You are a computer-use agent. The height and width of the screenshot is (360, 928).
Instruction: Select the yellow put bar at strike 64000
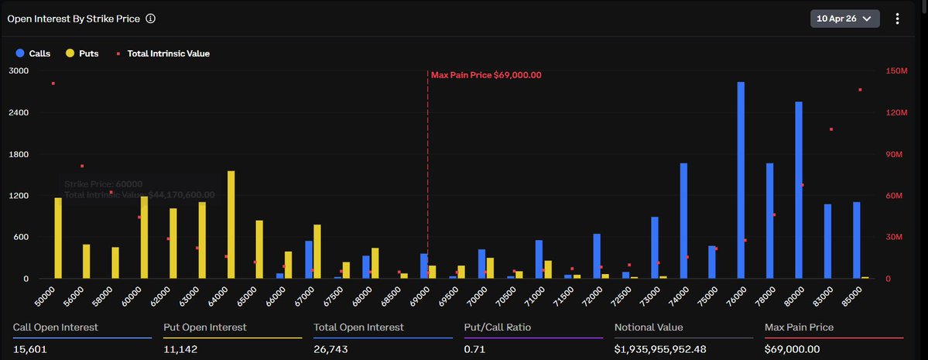[231, 225]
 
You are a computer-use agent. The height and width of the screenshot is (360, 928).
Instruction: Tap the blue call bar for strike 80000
[799, 190]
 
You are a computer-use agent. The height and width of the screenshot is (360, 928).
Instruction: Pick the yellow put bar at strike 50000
[58, 238]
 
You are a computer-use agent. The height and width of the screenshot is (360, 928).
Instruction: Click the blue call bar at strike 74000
[683, 221]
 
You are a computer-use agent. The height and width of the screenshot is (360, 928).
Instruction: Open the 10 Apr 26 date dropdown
[844, 18]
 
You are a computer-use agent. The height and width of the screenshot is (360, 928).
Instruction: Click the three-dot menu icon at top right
[897, 18]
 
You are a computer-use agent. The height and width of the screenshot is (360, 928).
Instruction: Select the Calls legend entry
[33, 53]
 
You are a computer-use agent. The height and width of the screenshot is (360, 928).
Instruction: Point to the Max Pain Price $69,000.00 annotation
[486, 75]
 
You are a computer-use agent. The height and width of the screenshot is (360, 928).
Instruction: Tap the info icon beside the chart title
[150, 18]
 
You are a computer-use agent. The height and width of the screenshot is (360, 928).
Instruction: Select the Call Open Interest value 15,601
[30, 349]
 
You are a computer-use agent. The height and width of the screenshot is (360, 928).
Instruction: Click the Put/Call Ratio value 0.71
[474, 349]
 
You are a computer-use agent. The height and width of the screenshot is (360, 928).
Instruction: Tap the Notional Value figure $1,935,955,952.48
[661, 349]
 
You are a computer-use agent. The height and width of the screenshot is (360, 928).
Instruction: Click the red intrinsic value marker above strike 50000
[53, 83]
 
